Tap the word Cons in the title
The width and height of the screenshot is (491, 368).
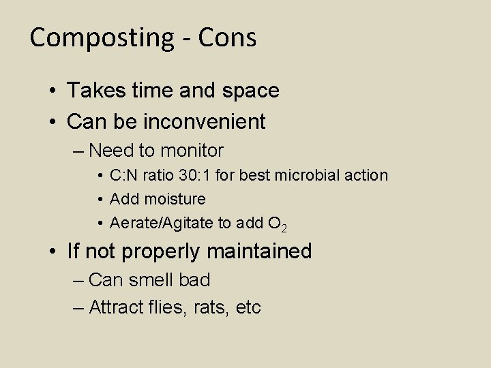[x=228, y=37]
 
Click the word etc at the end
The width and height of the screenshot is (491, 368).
[x=248, y=308]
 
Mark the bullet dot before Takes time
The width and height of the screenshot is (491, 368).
[x=52, y=91]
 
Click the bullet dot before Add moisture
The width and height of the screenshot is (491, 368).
[x=100, y=200]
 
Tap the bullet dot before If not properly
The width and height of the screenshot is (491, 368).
[x=52, y=252]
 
